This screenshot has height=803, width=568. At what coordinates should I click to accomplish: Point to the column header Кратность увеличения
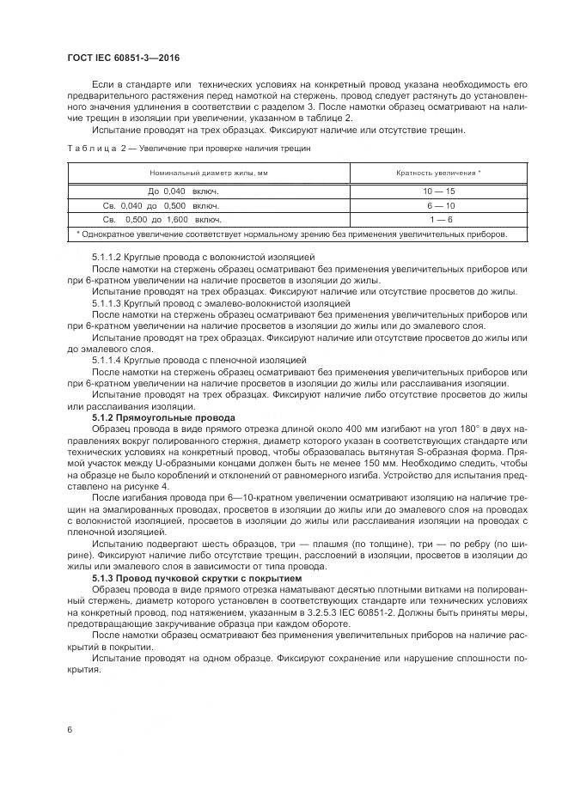(437, 173)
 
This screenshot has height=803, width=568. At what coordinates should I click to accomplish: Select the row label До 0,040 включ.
(184, 189)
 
